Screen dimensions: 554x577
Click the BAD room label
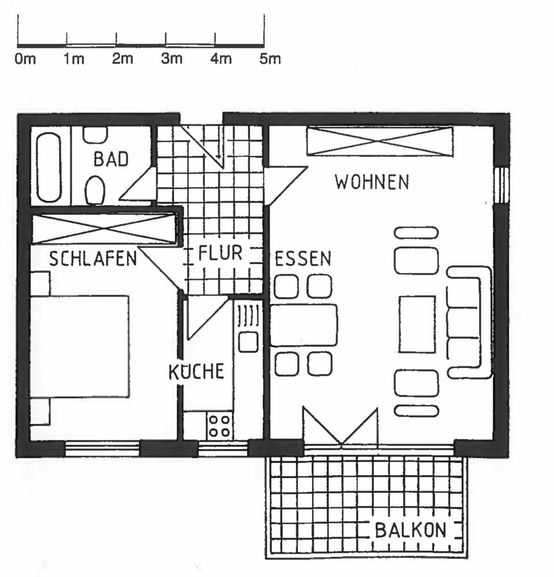[x=111, y=159]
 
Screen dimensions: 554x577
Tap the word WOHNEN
[x=372, y=182]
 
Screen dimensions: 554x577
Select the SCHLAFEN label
[x=93, y=258]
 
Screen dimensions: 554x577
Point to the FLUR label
[x=220, y=253]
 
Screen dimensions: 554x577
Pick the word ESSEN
[x=303, y=258]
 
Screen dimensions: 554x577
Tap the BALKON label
[x=410, y=530]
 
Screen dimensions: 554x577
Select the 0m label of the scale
[x=25, y=59]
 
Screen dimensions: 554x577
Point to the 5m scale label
[x=270, y=59]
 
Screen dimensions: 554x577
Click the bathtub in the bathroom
[x=49, y=167]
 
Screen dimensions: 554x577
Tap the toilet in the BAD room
[x=95, y=189]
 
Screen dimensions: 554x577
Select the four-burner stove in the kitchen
[x=219, y=426]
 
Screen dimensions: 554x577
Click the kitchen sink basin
[x=248, y=342]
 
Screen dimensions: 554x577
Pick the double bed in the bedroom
[x=80, y=346]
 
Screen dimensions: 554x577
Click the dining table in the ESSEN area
[x=304, y=325]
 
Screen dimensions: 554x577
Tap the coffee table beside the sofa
[x=417, y=324]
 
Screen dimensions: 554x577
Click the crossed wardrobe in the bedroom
[x=104, y=228]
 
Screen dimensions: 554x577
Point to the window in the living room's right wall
[x=501, y=185]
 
